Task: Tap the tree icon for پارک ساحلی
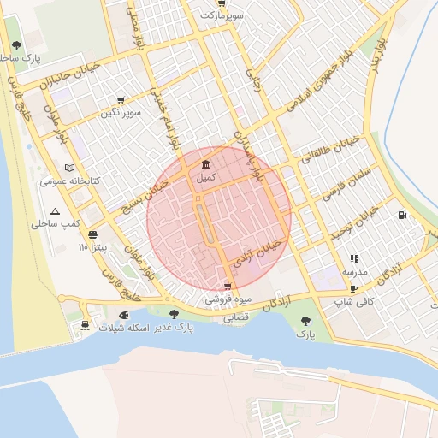point(16,46)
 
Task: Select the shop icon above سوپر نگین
point(120,100)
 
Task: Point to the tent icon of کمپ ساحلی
point(56,210)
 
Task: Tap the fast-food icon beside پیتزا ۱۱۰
point(92,234)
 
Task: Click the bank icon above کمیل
point(205,165)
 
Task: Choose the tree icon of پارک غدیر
point(175,314)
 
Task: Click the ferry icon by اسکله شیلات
point(85,324)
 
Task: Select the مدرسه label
point(355,271)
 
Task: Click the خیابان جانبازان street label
point(71,75)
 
